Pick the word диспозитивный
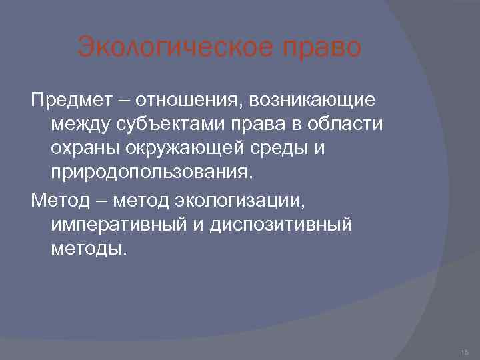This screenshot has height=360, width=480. [x=281, y=224]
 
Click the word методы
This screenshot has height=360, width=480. [x=87, y=248]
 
